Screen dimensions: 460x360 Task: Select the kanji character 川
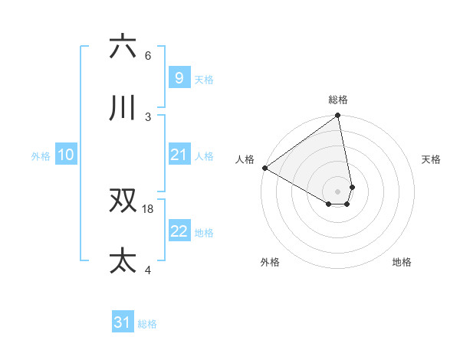123,108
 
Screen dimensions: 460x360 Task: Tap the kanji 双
123,201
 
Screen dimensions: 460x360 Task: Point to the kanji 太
123,261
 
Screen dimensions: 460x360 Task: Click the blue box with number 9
179,77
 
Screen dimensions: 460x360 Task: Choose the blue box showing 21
179,155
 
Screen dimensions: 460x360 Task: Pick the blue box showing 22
179,231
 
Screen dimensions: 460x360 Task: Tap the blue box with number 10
66,155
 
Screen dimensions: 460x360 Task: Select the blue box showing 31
123,322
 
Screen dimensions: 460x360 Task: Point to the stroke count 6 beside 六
148,55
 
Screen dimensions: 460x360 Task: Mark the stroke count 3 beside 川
148,116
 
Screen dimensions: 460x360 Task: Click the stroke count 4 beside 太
148,270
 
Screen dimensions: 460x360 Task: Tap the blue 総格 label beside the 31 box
147,324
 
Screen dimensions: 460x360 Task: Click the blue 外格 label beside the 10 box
41,155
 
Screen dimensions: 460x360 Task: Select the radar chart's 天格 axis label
431,159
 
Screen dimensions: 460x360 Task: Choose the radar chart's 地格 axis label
402,262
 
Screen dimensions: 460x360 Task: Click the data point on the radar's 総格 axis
338,116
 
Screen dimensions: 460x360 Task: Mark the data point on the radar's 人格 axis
264,168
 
